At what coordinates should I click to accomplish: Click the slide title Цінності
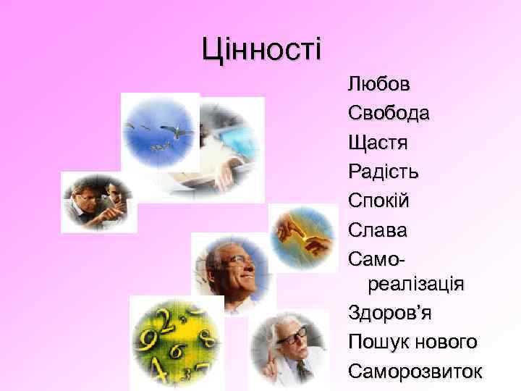click(262, 49)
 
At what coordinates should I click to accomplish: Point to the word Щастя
click(378, 142)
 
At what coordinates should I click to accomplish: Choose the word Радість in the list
click(383, 172)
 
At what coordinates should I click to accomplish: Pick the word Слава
click(377, 230)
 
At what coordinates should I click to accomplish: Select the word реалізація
click(416, 283)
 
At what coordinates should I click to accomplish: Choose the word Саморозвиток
click(414, 371)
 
